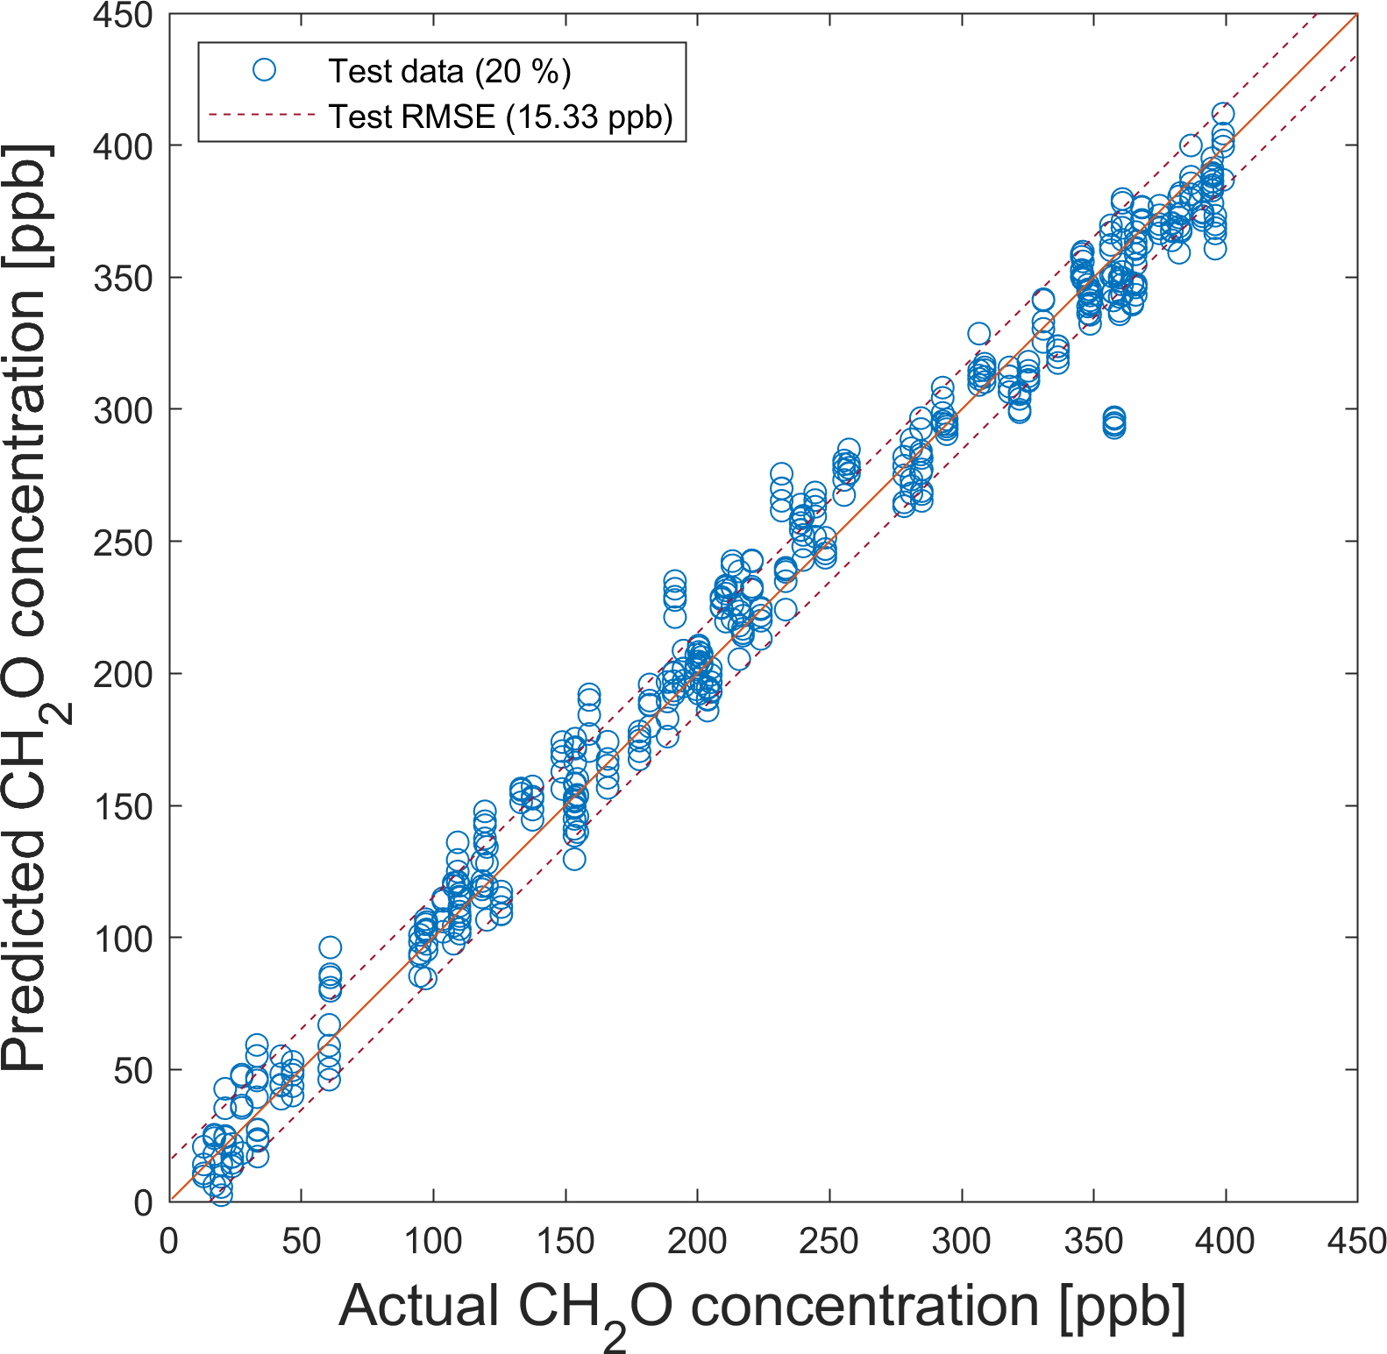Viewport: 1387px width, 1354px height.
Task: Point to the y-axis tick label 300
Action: click(x=123, y=410)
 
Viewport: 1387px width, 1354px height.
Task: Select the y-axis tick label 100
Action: click(x=123, y=939)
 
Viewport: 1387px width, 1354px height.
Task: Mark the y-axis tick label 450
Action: click(x=123, y=16)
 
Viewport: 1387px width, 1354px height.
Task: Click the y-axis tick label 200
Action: click(x=123, y=675)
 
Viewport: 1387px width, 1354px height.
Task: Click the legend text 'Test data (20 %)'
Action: click(x=449, y=71)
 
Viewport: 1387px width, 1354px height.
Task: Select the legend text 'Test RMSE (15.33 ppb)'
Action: click(x=501, y=117)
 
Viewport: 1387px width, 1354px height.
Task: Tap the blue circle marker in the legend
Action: click(x=264, y=70)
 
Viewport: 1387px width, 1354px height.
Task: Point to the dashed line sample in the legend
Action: click(x=262, y=115)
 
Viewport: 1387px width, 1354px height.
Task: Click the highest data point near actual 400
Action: click(x=1223, y=114)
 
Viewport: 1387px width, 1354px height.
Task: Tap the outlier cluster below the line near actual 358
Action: click(x=1113, y=422)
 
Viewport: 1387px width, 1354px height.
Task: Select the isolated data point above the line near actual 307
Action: click(x=978, y=334)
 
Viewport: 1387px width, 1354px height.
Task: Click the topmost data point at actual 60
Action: click(x=330, y=947)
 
